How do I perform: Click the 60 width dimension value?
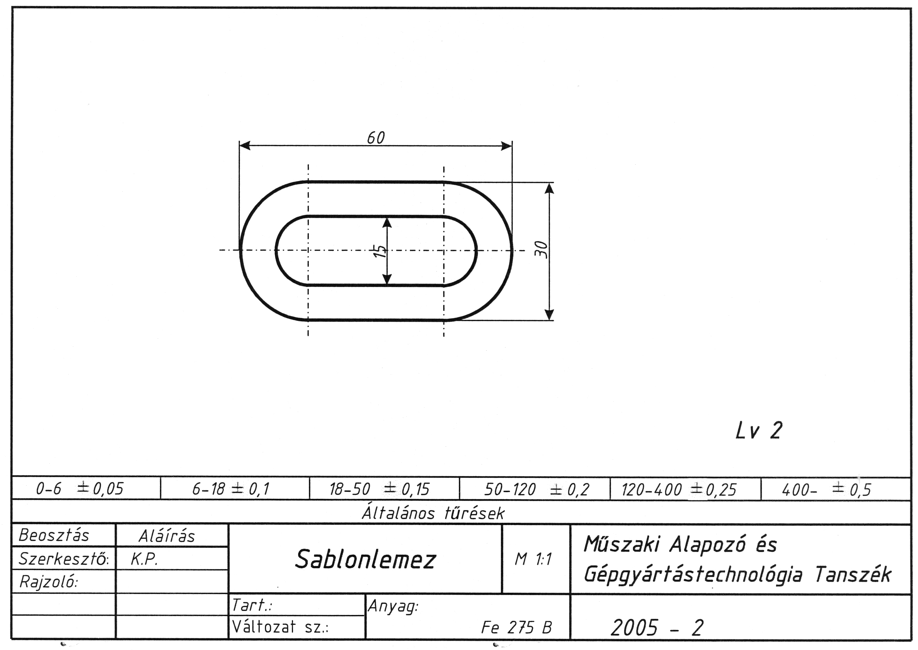[x=376, y=138]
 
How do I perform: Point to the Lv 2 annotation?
[x=758, y=431]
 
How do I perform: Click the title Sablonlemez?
[x=365, y=559]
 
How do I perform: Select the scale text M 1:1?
[x=533, y=559]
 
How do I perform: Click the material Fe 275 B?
[x=516, y=627]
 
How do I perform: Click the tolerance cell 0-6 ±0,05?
[x=79, y=488]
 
